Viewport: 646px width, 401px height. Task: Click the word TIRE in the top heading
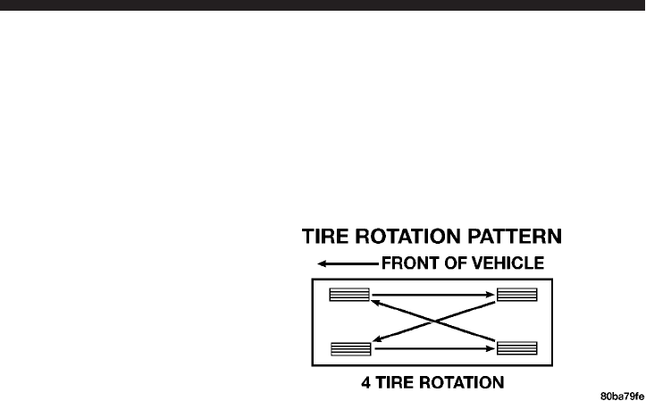328,238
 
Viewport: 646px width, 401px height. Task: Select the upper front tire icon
349,295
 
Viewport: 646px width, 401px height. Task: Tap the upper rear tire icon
516,295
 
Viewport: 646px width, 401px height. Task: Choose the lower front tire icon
349,347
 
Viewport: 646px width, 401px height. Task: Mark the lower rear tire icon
516,347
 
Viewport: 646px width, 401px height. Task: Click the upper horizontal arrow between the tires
433,293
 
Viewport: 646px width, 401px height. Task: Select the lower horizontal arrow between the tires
433,347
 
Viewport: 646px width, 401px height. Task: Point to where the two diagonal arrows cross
433,322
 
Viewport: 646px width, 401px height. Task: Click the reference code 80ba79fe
622,393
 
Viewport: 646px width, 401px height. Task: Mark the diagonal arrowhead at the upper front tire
377,303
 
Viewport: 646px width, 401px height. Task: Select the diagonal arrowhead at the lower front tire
378,338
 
